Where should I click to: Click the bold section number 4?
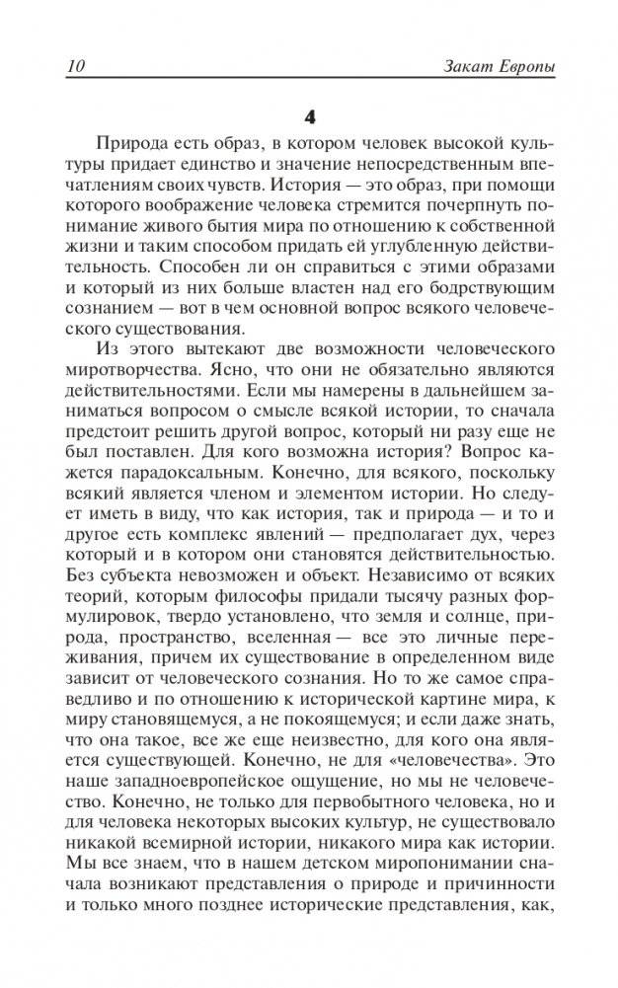click(x=309, y=116)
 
